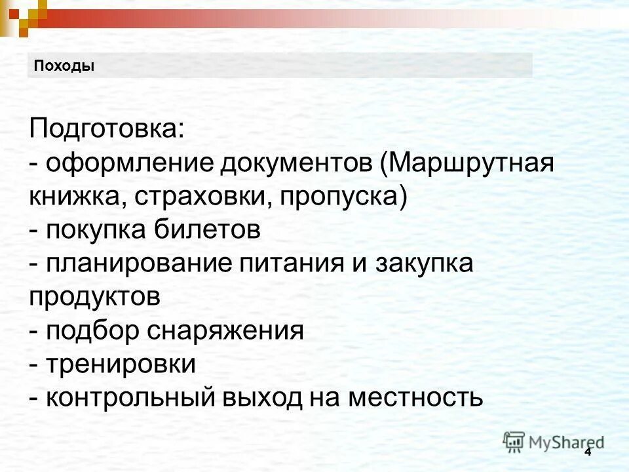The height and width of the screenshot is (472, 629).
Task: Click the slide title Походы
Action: click(64, 66)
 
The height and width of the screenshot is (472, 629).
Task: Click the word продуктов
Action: click(94, 298)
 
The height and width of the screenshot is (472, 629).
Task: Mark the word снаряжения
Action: click(225, 331)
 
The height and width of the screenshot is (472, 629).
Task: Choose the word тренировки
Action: click(121, 364)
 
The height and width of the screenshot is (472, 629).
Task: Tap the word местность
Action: click(415, 397)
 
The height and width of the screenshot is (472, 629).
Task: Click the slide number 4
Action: click(587, 452)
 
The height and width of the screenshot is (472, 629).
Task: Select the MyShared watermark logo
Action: click(554, 441)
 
